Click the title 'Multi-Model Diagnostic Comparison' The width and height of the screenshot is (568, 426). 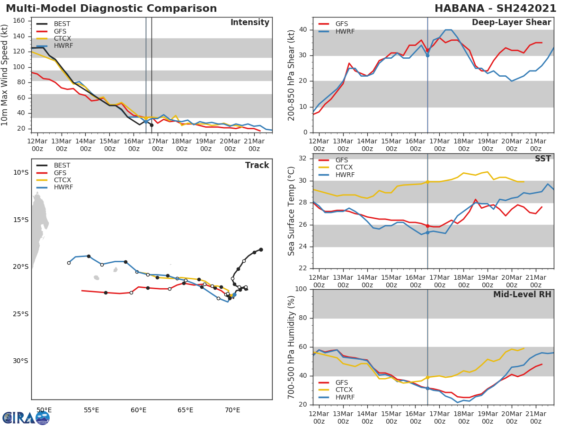point(111,9)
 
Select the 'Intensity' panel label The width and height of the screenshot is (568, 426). point(249,23)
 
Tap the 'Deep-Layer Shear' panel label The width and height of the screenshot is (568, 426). point(511,23)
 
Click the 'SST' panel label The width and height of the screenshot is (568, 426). point(542,159)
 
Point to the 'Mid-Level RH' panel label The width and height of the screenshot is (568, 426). point(522,294)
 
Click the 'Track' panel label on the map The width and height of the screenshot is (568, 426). point(257,165)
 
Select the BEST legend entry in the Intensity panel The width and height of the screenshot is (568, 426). point(62,24)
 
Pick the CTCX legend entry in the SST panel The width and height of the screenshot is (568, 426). point(344,168)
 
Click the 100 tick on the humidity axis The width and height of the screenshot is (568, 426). point(300,289)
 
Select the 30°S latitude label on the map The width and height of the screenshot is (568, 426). point(20,361)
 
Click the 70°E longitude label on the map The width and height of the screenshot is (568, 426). point(232,410)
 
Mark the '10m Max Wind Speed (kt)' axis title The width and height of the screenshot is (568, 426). point(5,75)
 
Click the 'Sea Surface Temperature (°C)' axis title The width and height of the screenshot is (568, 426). point(292,211)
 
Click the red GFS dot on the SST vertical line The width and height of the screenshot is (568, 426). point(427,226)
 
